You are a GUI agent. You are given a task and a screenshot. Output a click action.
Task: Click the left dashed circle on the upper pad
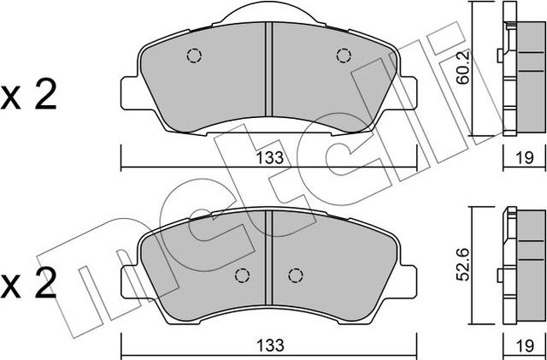tap(192, 56)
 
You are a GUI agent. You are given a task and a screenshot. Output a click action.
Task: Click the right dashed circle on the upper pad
tap(344, 56)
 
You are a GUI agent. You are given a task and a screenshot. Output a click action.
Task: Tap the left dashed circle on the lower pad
tap(242, 275)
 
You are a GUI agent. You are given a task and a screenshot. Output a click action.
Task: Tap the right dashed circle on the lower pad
tap(296, 275)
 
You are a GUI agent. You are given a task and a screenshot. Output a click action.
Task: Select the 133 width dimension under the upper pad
tap(268, 156)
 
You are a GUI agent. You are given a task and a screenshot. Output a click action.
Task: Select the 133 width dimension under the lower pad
tap(268, 346)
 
